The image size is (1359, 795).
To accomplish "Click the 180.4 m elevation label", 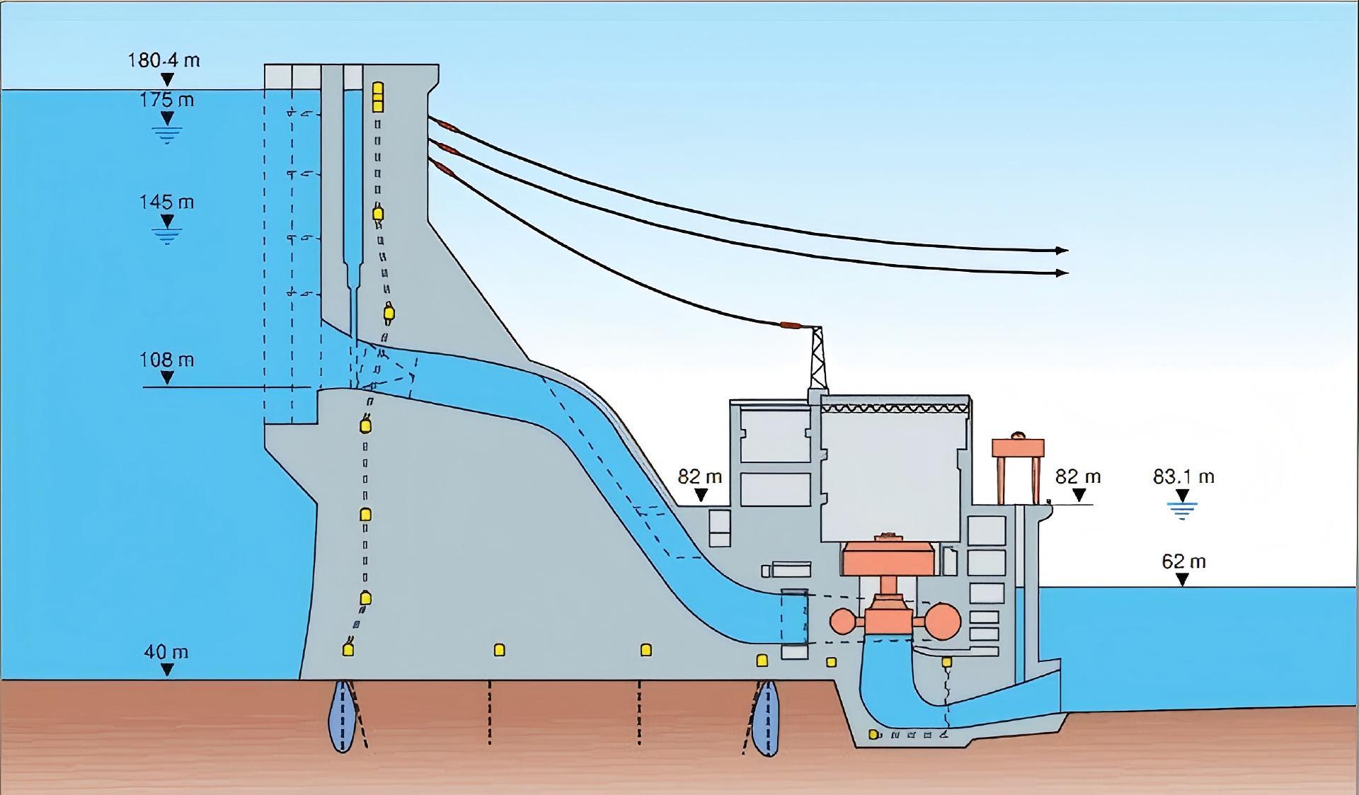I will click(x=164, y=60).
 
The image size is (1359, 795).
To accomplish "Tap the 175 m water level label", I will click(x=166, y=100).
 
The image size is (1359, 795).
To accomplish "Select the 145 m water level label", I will click(x=166, y=202).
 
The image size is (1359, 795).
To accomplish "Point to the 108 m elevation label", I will click(x=166, y=360).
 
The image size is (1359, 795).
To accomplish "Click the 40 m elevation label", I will click(x=166, y=652).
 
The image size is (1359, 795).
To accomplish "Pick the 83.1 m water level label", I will click(x=1183, y=477).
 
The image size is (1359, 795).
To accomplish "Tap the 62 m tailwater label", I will click(x=1183, y=562).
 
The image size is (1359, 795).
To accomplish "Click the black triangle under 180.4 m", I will click(x=167, y=79).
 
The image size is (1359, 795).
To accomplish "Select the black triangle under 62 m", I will click(x=1182, y=580).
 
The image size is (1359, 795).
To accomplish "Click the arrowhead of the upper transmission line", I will click(x=1061, y=250).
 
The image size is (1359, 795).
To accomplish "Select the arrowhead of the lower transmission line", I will click(x=1061, y=273).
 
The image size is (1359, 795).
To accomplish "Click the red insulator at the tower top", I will click(x=790, y=326).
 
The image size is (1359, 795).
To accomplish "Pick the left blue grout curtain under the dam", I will click(x=343, y=716).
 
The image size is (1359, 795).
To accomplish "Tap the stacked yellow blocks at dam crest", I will click(x=378, y=97).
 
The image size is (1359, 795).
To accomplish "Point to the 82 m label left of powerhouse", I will click(x=700, y=477).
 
